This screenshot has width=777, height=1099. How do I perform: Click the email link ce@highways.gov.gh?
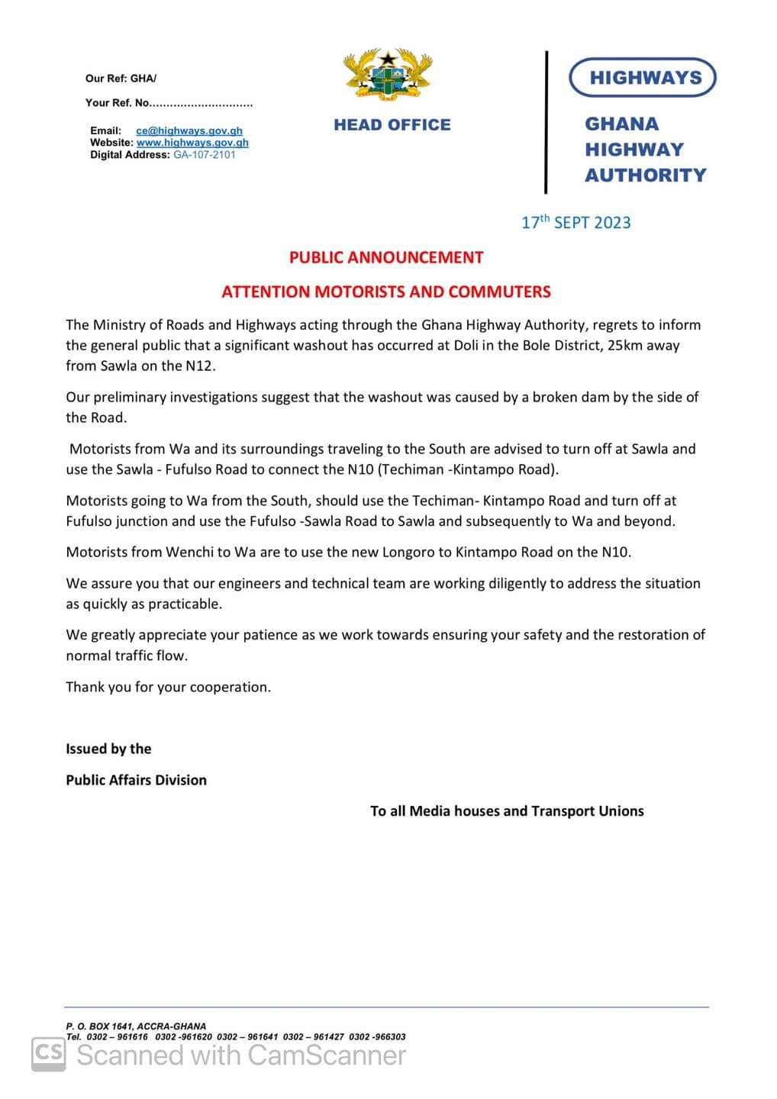189,131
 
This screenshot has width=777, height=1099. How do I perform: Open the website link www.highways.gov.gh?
192,143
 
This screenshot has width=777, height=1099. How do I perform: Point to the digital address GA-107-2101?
205,155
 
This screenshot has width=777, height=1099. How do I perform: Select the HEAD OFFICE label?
392,125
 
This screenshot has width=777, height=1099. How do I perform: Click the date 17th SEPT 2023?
575,223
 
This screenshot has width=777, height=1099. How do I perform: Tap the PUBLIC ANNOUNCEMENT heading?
386,258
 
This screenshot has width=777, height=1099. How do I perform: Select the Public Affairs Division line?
136,780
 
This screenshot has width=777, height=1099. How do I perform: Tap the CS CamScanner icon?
49,1054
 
